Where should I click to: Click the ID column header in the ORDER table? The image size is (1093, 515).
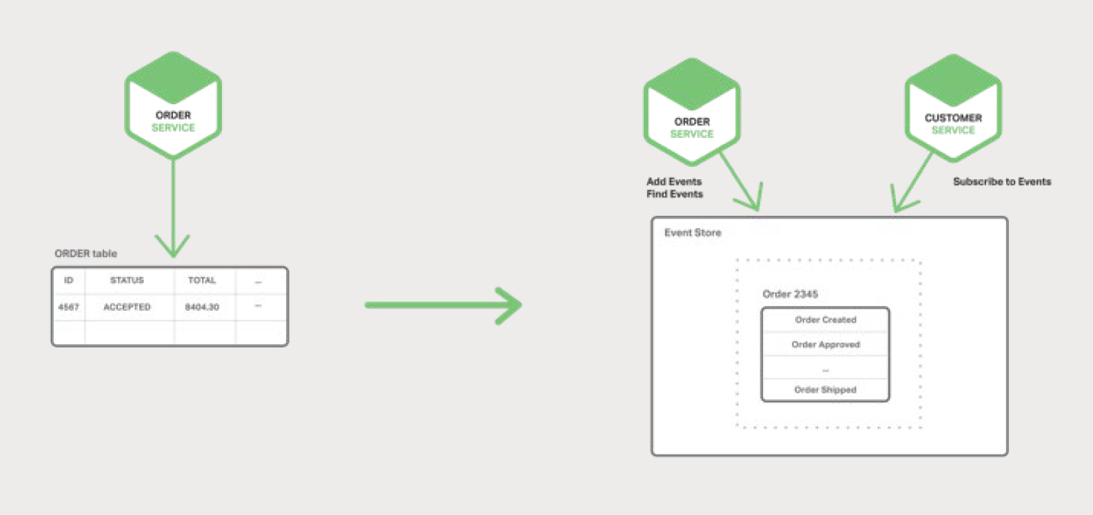tap(68, 281)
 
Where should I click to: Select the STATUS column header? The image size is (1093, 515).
tap(127, 281)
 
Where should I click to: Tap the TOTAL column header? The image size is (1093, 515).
tap(202, 281)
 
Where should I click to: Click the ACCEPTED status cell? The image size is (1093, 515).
tap(127, 307)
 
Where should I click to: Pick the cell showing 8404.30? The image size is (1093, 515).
tap(202, 307)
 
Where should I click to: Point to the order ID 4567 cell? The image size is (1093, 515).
tap(68, 307)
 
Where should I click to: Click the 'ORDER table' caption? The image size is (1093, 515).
tap(85, 254)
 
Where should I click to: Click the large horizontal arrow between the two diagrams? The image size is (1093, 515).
tap(442, 305)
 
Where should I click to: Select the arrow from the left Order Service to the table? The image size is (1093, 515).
tap(172, 207)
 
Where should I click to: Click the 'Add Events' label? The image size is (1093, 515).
tap(674, 182)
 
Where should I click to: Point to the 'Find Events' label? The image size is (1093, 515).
tap(675, 194)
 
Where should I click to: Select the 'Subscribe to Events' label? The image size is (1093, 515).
tap(1002, 182)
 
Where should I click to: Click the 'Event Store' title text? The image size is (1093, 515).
tap(693, 233)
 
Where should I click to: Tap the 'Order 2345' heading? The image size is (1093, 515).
tap(790, 294)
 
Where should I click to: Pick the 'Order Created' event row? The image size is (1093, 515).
tap(825, 320)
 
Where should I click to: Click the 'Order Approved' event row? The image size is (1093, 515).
tap(825, 345)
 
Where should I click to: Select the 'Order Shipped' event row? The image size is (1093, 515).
tap(825, 390)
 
